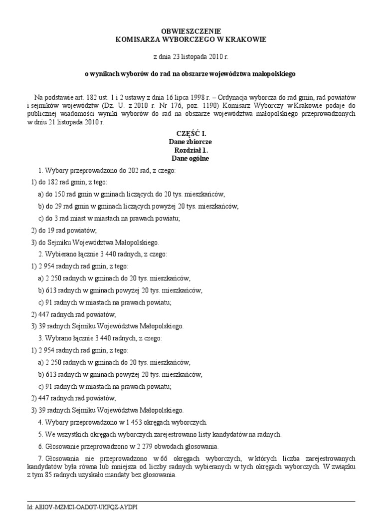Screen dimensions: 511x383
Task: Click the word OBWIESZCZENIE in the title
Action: click(x=191, y=30)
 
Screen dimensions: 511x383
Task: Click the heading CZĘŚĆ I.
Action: click(x=191, y=134)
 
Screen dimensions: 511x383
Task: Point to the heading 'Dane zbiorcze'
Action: click(x=191, y=142)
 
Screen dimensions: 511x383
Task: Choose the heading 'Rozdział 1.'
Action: click(x=191, y=150)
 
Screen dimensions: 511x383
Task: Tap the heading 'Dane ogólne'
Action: click(x=191, y=158)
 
